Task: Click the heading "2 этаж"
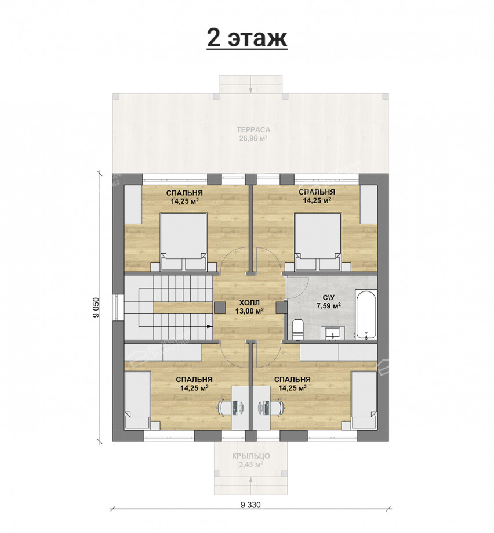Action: pos(247,38)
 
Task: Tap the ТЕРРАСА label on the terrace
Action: pos(253,130)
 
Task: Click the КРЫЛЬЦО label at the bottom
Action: pos(251,456)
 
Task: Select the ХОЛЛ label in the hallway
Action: pos(249,302)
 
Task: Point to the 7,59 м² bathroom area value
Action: pos(329,306)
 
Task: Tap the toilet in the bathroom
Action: pos(297,329)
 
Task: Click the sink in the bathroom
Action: pos(334,333)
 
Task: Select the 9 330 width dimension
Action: pos(250,505)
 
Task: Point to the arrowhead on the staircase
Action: pos(209,326)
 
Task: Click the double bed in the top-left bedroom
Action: pos(183,242)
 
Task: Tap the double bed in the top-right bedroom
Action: pos(318,242)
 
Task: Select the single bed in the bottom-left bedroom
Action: pos(137,400)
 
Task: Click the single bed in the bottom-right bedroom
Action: pos(364,400)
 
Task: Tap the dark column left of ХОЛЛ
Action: pos(219,307)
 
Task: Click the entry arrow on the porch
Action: pos(250,483)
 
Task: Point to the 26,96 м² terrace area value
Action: pos(253,138)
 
